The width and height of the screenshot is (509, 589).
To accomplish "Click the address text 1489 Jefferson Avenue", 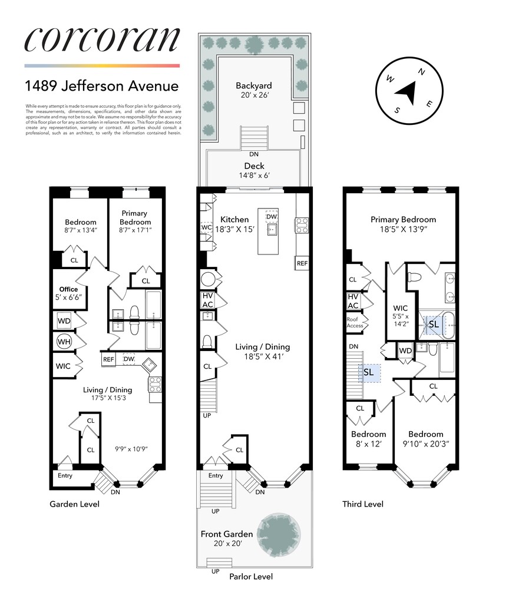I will click(x=101, y=86).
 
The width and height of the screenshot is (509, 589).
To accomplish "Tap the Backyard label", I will click(x=253, y=85).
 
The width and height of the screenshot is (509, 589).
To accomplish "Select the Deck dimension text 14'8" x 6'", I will click(x=253, y=176).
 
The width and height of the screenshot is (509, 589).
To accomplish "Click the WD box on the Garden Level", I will click(x=64, y=321).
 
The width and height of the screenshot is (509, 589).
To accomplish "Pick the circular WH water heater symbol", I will click(x=64, y=341).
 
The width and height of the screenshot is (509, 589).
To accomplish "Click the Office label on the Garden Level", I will click(x=68, y=289).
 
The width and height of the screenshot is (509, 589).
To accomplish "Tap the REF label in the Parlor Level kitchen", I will click(x=302, y=263).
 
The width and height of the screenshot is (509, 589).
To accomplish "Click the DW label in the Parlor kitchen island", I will click(x=272, y=217).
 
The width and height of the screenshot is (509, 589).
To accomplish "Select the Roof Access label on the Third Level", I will click(x=355, y=322).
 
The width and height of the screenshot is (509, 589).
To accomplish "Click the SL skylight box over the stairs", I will click(x=369, y=372).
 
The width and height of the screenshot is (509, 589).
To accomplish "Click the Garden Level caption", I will click(x=74, y=504).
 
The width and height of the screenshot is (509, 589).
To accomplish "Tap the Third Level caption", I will click(x=363, y=504).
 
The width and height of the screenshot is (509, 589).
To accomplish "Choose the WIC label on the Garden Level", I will click(x=63, y=366).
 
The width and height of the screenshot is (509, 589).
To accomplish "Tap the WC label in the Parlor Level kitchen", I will click(x=206, y=227).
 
